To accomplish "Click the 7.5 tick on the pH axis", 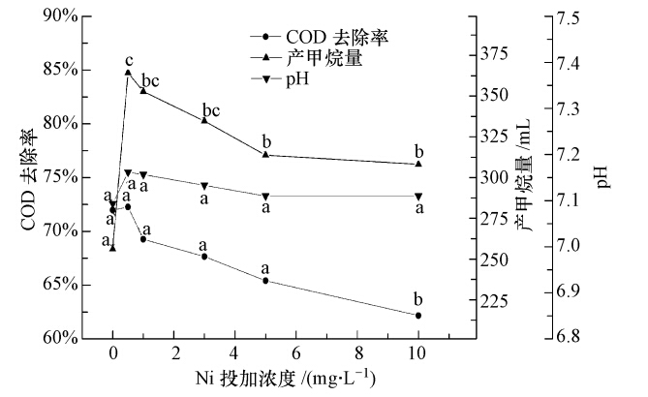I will (569, 17).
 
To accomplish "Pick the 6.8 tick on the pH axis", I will (569, 338).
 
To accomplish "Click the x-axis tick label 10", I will (418, 354).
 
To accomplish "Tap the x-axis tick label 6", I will (296, 354).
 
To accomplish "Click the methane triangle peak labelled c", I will (128, 73).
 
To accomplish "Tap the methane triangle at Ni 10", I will (418, 164).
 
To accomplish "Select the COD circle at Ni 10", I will (418, 315).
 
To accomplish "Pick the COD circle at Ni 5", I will (265, 281).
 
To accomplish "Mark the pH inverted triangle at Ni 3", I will (204, 185).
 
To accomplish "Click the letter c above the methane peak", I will (128, 60).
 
